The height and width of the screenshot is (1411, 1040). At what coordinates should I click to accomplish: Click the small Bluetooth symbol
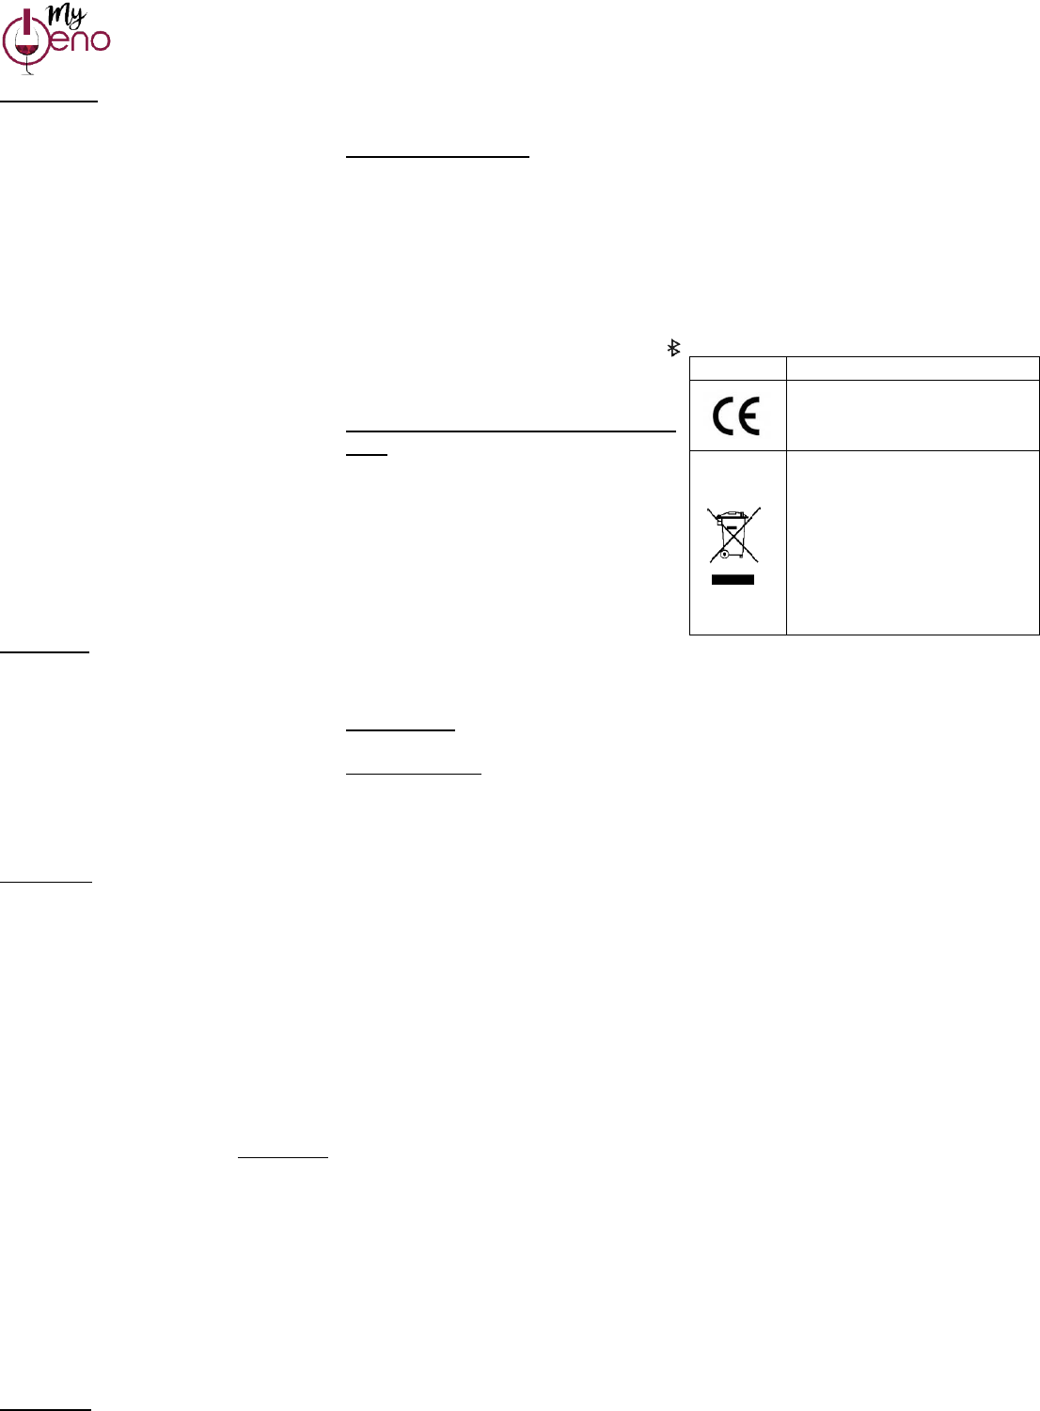point(673,348)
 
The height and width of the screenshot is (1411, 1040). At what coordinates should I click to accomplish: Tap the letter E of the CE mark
point(748,416)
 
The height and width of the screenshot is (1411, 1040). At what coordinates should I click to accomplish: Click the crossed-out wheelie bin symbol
point(733,536)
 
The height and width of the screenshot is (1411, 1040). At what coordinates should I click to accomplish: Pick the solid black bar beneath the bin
point(733,580)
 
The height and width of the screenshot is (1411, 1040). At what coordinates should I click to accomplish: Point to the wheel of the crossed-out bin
point(724,555)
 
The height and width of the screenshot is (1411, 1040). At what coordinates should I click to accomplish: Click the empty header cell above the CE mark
point(737,368)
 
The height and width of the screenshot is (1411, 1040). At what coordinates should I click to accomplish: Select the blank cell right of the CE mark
point(912,415)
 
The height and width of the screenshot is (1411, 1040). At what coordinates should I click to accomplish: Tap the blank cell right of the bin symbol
point(912,542)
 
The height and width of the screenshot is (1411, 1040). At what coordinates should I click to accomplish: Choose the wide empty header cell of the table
point(912,368)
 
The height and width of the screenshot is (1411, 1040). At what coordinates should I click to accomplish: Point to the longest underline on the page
point(511,431)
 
